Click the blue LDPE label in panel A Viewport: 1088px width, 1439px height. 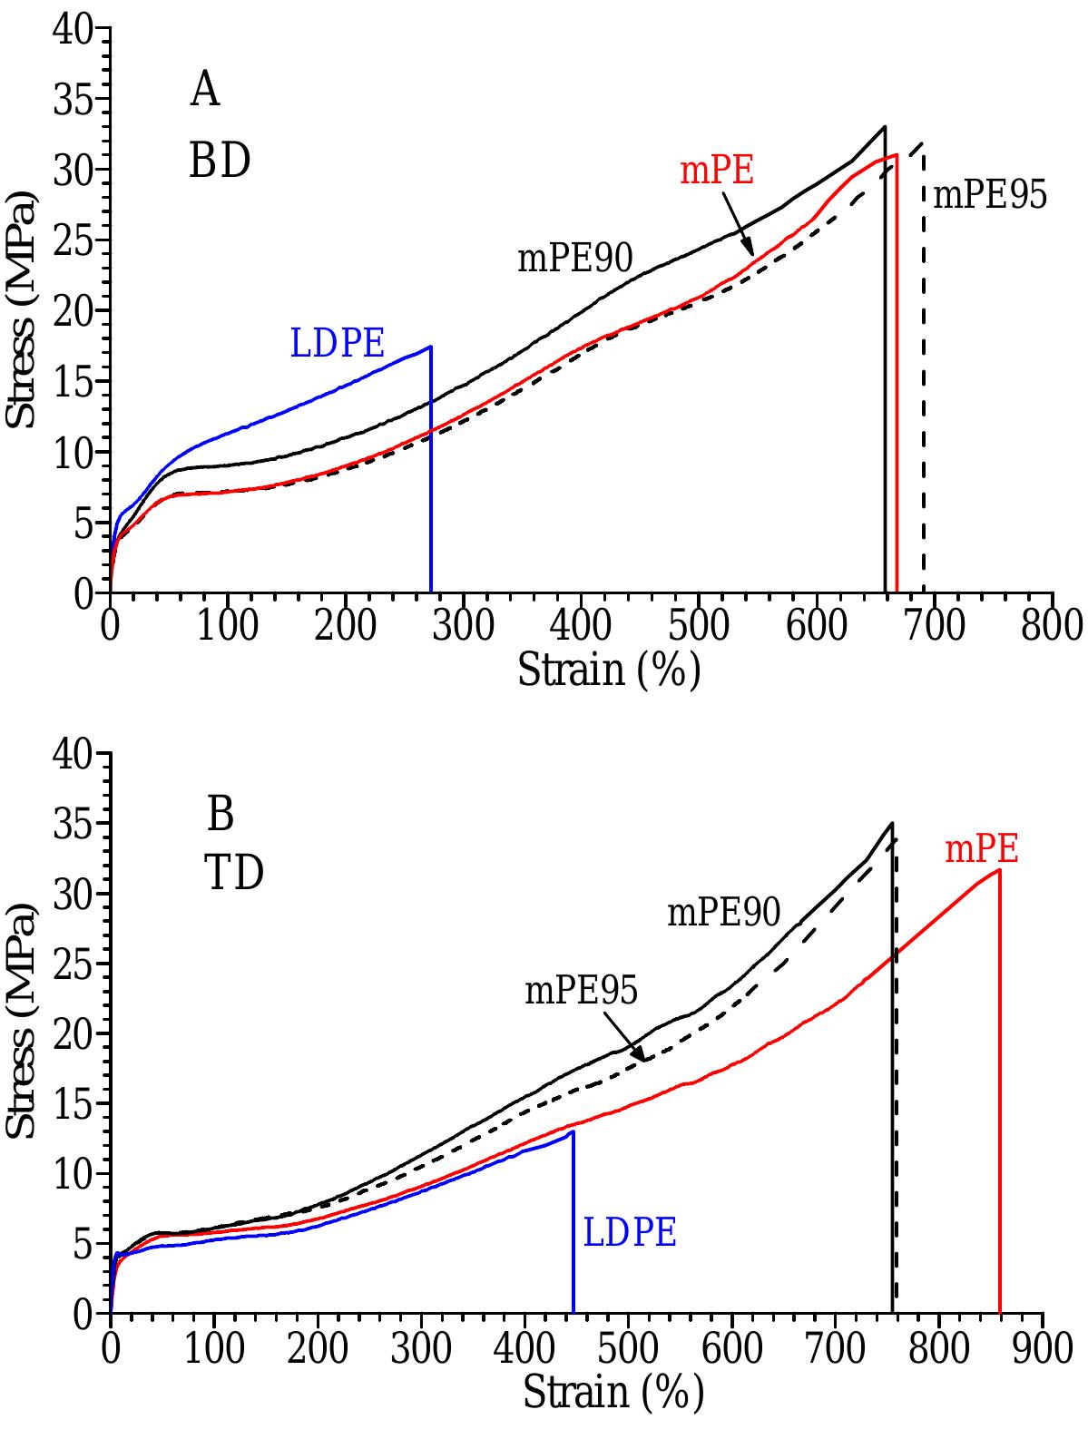[x=338, y=344]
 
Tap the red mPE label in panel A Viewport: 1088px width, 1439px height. [x=717, y=171]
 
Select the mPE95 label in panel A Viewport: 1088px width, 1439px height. [x=990, y=195]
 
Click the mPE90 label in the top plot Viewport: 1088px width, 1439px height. [x=574, y=259]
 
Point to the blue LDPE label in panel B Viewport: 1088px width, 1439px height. [x=630, y=1233]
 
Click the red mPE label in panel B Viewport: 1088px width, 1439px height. [x=982, y=849]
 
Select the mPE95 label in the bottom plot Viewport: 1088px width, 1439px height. [x=581, y=991]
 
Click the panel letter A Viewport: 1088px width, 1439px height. [x=204, y=91]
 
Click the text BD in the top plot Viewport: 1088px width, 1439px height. [x=220, y=162]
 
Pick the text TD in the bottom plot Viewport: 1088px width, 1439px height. [x=234, y=874]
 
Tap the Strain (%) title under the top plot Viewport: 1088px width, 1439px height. [x=609, y=671]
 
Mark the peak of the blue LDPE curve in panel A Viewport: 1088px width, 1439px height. [x=430, y=347]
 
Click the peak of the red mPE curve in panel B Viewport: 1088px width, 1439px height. [x=998, y=870]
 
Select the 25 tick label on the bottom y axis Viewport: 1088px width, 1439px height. [x=73, y=964]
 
